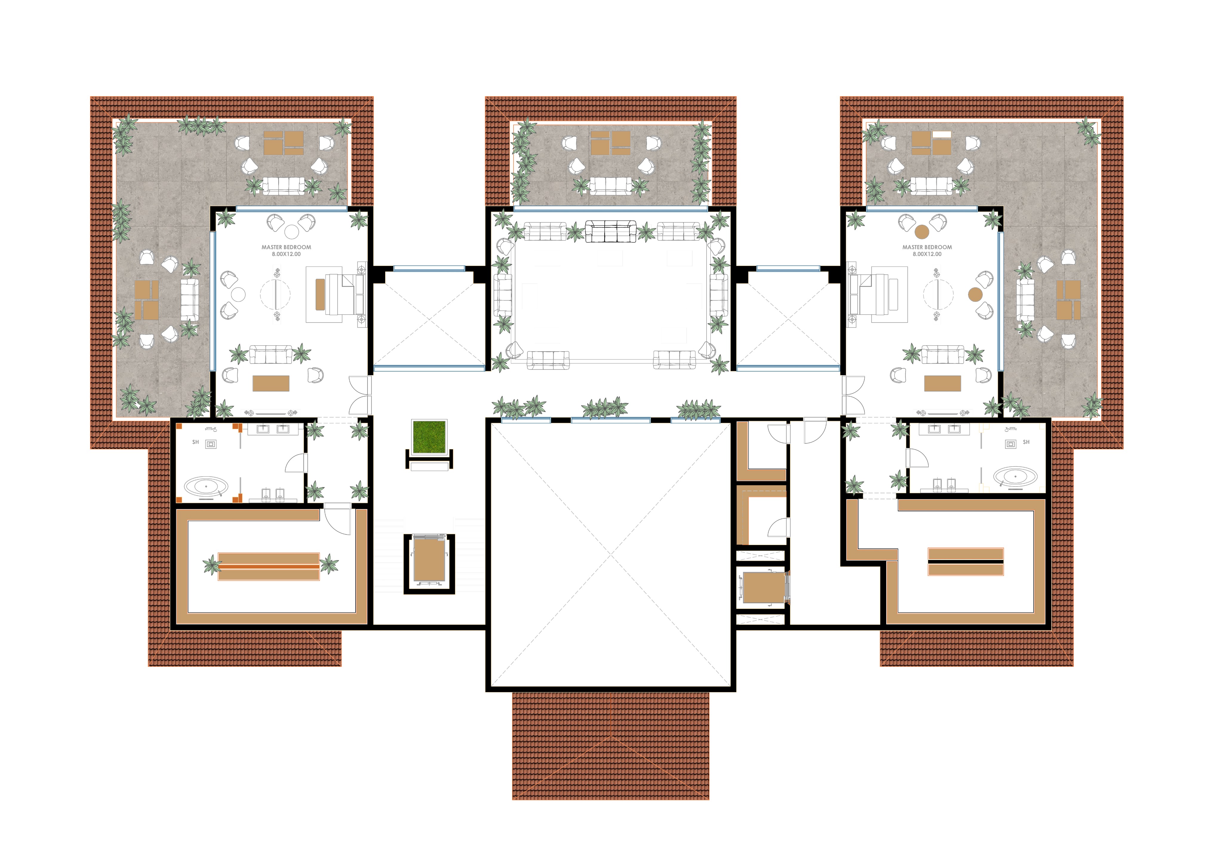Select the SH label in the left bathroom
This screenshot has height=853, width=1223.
pyautogui.click(x=196, y=442)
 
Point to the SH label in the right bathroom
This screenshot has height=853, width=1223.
pyautogui.click(x=1026, y=442)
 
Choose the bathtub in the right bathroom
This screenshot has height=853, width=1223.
pyautogui.click(x=1015, y=477)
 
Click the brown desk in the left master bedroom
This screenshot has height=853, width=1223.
pyautogui.click(x=271, y=383)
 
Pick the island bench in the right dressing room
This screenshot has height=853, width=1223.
pyautogui.click(x=965, y=562)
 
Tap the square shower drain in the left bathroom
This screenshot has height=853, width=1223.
pyautogui.click(x=211, y=444)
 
